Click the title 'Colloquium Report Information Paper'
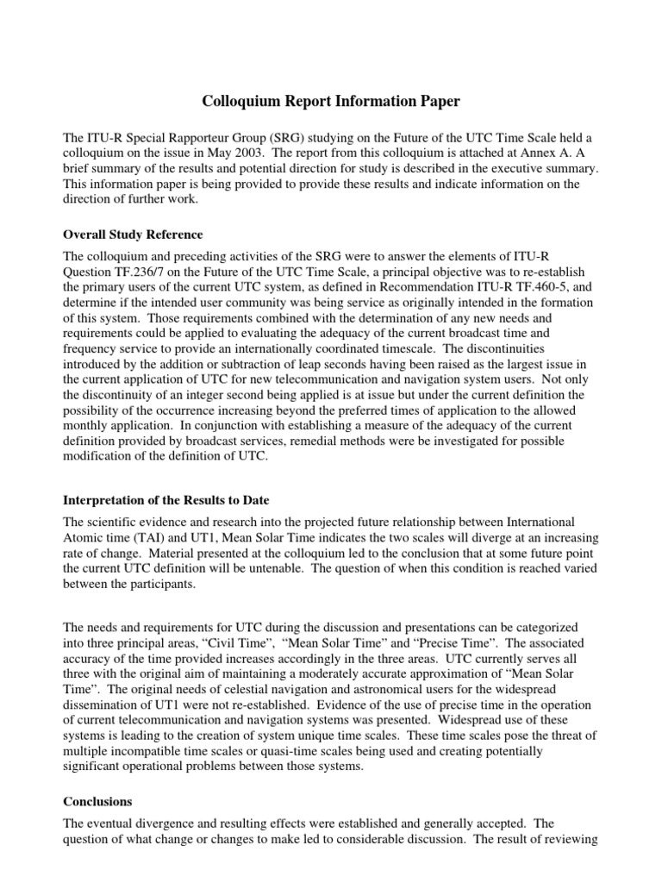coord(331,102)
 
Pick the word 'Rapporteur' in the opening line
coord(177,139)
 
